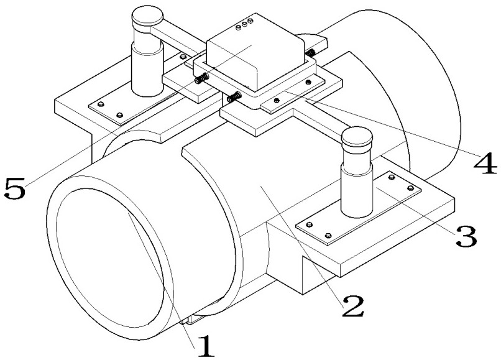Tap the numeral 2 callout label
tap(352, 306)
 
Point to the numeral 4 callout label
tap(485, 163)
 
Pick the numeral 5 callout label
tap(15, 188)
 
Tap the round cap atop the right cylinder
tap(357, 137)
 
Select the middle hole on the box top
tap(244, 24)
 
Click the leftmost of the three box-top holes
tap(238, 27)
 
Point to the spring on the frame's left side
tap(201, 78)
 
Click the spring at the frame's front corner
tap(234, 97)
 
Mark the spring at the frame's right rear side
tap(310, 52)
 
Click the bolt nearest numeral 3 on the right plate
tap(411, 188)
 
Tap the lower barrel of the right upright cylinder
tap(357, 190)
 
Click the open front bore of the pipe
tap(110, 257)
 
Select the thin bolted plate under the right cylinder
tap(359, 208)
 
